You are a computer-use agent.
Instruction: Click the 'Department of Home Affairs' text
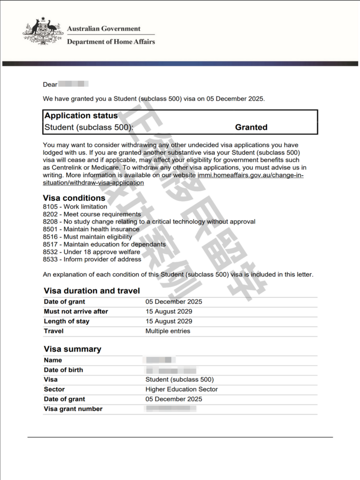111,42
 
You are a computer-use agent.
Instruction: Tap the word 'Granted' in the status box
251,127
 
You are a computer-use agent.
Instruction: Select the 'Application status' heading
81,116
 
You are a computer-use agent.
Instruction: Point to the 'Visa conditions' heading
74,198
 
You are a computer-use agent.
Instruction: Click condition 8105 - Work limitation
75,207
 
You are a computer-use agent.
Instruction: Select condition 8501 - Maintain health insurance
91,229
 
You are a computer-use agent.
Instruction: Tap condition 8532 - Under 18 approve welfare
91,252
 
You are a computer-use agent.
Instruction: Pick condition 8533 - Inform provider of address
92,259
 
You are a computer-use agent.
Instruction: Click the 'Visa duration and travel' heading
92,291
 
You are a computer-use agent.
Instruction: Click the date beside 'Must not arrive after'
169,312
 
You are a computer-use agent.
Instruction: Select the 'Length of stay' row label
67,322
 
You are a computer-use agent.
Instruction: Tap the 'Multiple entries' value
168,331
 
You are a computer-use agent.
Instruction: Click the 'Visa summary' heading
72,349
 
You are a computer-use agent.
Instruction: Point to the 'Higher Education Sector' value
181,389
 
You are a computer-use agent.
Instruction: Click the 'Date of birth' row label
63,370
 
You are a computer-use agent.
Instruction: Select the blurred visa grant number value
171,409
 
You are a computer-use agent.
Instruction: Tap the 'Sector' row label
54,389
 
